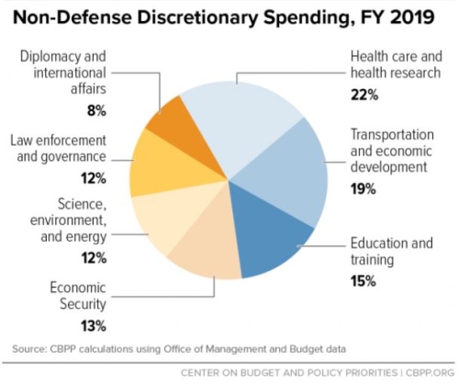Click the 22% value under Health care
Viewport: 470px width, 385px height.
364,95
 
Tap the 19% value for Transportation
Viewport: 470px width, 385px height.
363,189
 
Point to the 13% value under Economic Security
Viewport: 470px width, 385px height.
93,325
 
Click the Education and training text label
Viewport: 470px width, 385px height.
390,252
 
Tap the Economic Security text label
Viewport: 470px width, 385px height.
78,296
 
